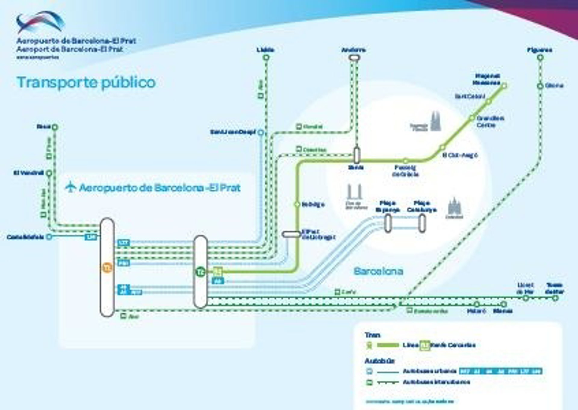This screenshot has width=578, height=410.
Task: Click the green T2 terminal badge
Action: (x=200, y=272)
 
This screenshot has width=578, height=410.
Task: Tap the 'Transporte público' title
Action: (x=86, y=82)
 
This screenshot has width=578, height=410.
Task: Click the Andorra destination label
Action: (x=353, y=50)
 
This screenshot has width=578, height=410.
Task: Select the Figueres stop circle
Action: (x=540, y=57)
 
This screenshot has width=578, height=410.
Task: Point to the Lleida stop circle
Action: (x=266, y=57)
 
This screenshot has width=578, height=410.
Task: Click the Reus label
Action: (x=44, y=126)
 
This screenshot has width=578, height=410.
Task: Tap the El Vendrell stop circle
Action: (x=49, y=173)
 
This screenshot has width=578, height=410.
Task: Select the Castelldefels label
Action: (x=25, y=237)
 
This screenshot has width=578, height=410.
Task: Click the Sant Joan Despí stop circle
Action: (x=261, y=132)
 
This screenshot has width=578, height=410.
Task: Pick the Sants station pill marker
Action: (x=357, y=155)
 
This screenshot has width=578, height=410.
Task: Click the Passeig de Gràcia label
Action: (x=405, y=171)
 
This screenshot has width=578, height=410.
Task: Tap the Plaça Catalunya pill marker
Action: (x=422, y=223)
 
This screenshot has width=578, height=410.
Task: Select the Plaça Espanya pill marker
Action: (x=388, y=223)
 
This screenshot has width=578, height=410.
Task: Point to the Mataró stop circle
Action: (x=477, y=304)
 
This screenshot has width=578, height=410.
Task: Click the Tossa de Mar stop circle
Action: (x=555, y=298)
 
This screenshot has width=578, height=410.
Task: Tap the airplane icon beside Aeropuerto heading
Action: (x=71, y=187)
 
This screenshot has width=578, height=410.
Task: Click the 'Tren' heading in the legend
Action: (x=372, y=335)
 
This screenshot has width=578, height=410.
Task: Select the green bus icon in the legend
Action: (x=369, y=383)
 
